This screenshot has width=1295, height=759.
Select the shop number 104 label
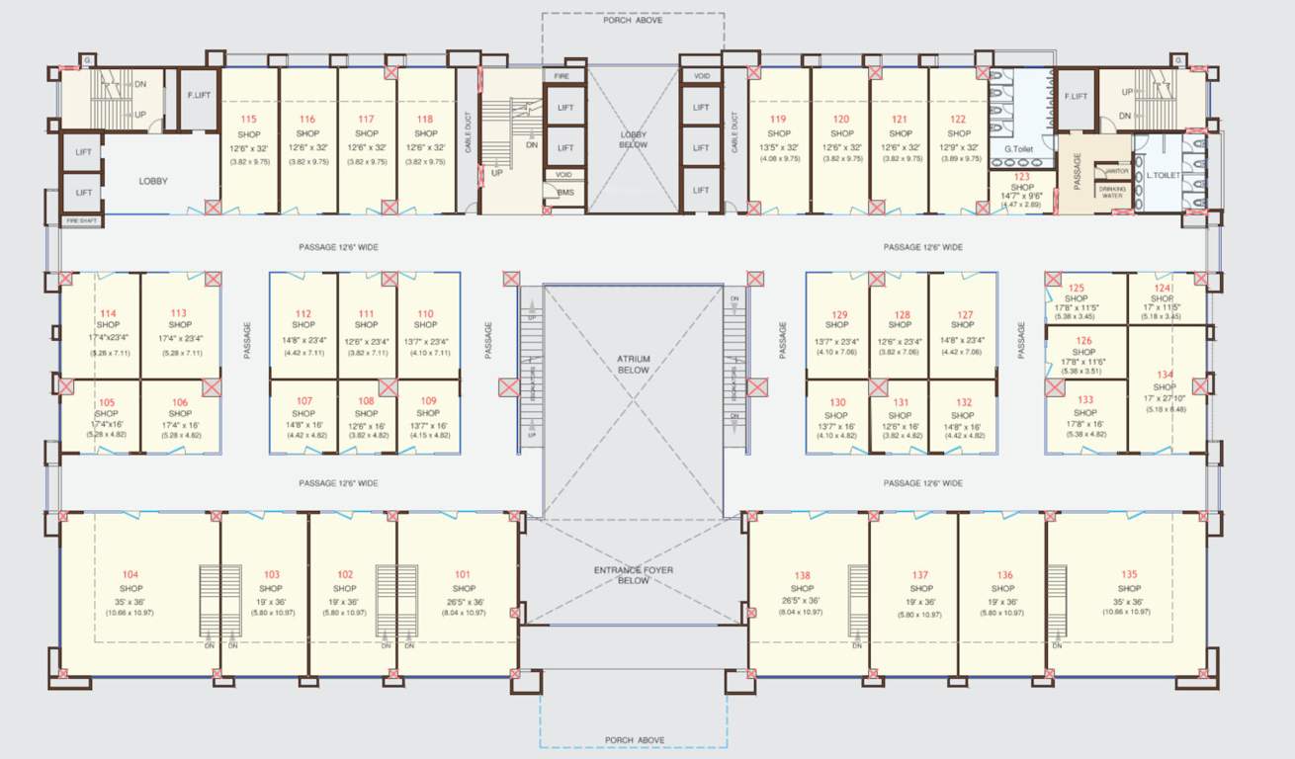[x=130, y=574]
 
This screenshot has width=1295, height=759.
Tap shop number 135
[x=1129, y=574]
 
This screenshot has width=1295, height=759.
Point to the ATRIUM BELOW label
[x=634, y=364]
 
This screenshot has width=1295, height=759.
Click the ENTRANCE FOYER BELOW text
[x=634, y=575]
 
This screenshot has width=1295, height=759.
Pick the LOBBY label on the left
[x=153, y=181]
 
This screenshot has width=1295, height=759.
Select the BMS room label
[x=564, y=192]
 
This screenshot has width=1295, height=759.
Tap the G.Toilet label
[x=1019, y=149]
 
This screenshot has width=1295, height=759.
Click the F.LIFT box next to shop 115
[x=199, y=96]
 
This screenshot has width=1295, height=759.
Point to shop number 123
[x=1022, y=175]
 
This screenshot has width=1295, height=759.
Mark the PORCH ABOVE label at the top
[x=634, y=19]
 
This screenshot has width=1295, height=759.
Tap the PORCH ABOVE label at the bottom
[x=634, y=739]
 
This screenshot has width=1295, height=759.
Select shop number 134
[x=1166, y=375]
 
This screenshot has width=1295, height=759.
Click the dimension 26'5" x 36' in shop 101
[x=464, y=601]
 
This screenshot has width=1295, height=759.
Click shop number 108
[x=367, y=400]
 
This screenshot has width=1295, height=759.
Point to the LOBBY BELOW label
[x=634, y=139]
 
